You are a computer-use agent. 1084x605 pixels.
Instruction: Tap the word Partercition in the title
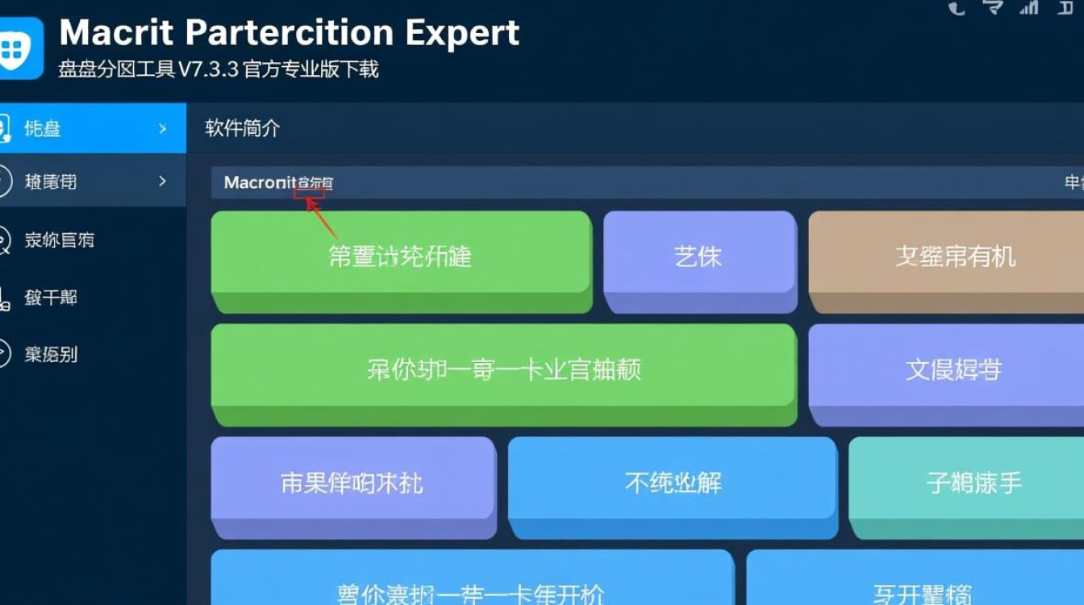coord(290,33)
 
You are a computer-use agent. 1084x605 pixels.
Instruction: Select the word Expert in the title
coord(462,33)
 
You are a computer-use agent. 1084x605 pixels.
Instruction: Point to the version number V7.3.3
coord(208,69)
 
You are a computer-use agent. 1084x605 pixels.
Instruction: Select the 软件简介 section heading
coord(243,128)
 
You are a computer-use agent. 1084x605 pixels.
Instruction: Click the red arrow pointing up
coord(321,219)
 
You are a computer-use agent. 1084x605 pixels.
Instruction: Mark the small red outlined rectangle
coord(310,191)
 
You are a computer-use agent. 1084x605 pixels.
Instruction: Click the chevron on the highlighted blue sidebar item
coord(163,128)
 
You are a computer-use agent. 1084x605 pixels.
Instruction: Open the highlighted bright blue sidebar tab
coord(89,128)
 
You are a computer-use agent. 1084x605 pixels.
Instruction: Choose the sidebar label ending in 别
coord(51,354)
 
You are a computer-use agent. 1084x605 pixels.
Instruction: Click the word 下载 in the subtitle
coord(359,69)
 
